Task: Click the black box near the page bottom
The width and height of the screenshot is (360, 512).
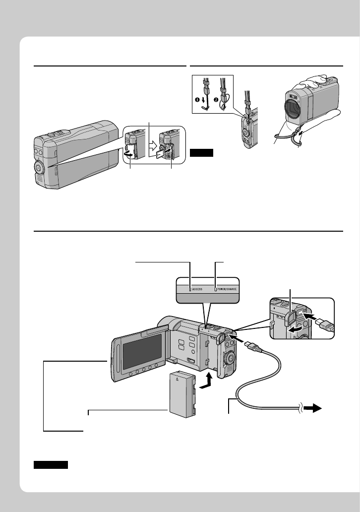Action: tap(51, 465)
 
